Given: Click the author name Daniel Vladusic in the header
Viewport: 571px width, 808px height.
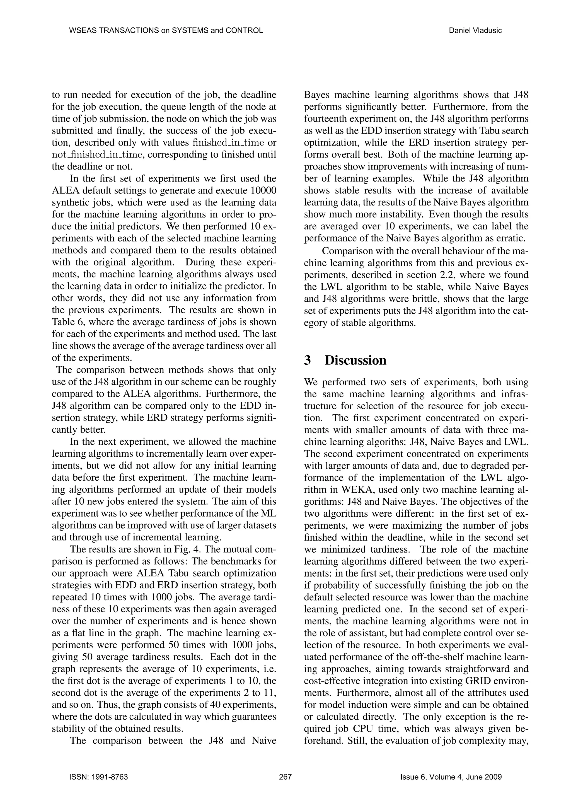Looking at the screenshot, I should point(475,31).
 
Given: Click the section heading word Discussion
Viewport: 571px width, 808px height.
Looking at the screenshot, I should point(355,360).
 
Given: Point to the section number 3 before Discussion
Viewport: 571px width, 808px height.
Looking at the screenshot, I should point(308,360).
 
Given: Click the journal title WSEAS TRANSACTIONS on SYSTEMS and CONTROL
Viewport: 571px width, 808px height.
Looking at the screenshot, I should point(166,31).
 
